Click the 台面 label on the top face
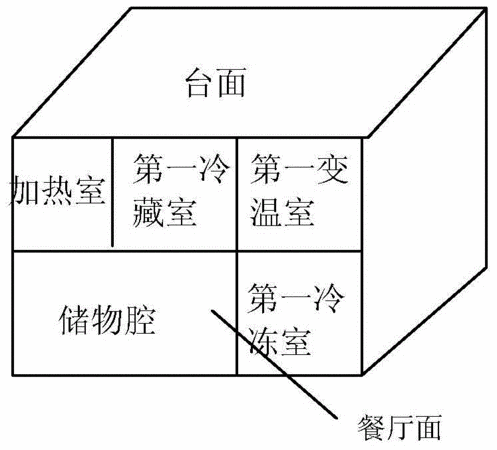point(216,83)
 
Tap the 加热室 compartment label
point(57,191)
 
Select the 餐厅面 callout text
point(399,428)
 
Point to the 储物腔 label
point(107,320)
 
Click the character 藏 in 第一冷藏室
point(148,212)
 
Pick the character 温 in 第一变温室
point(266,212)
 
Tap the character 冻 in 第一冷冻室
point(263,341)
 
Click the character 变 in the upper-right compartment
point(333,169)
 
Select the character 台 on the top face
point(200,83)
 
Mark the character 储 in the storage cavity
point(73,320)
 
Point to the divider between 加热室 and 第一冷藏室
point(112,193)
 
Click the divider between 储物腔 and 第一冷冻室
point(237,313)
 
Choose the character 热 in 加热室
point(57,191)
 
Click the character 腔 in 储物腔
point(141,320)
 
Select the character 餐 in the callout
point(371,428)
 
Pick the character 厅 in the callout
point(399,428)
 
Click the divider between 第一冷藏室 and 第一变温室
point(237,194)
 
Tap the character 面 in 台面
point(232,83)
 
